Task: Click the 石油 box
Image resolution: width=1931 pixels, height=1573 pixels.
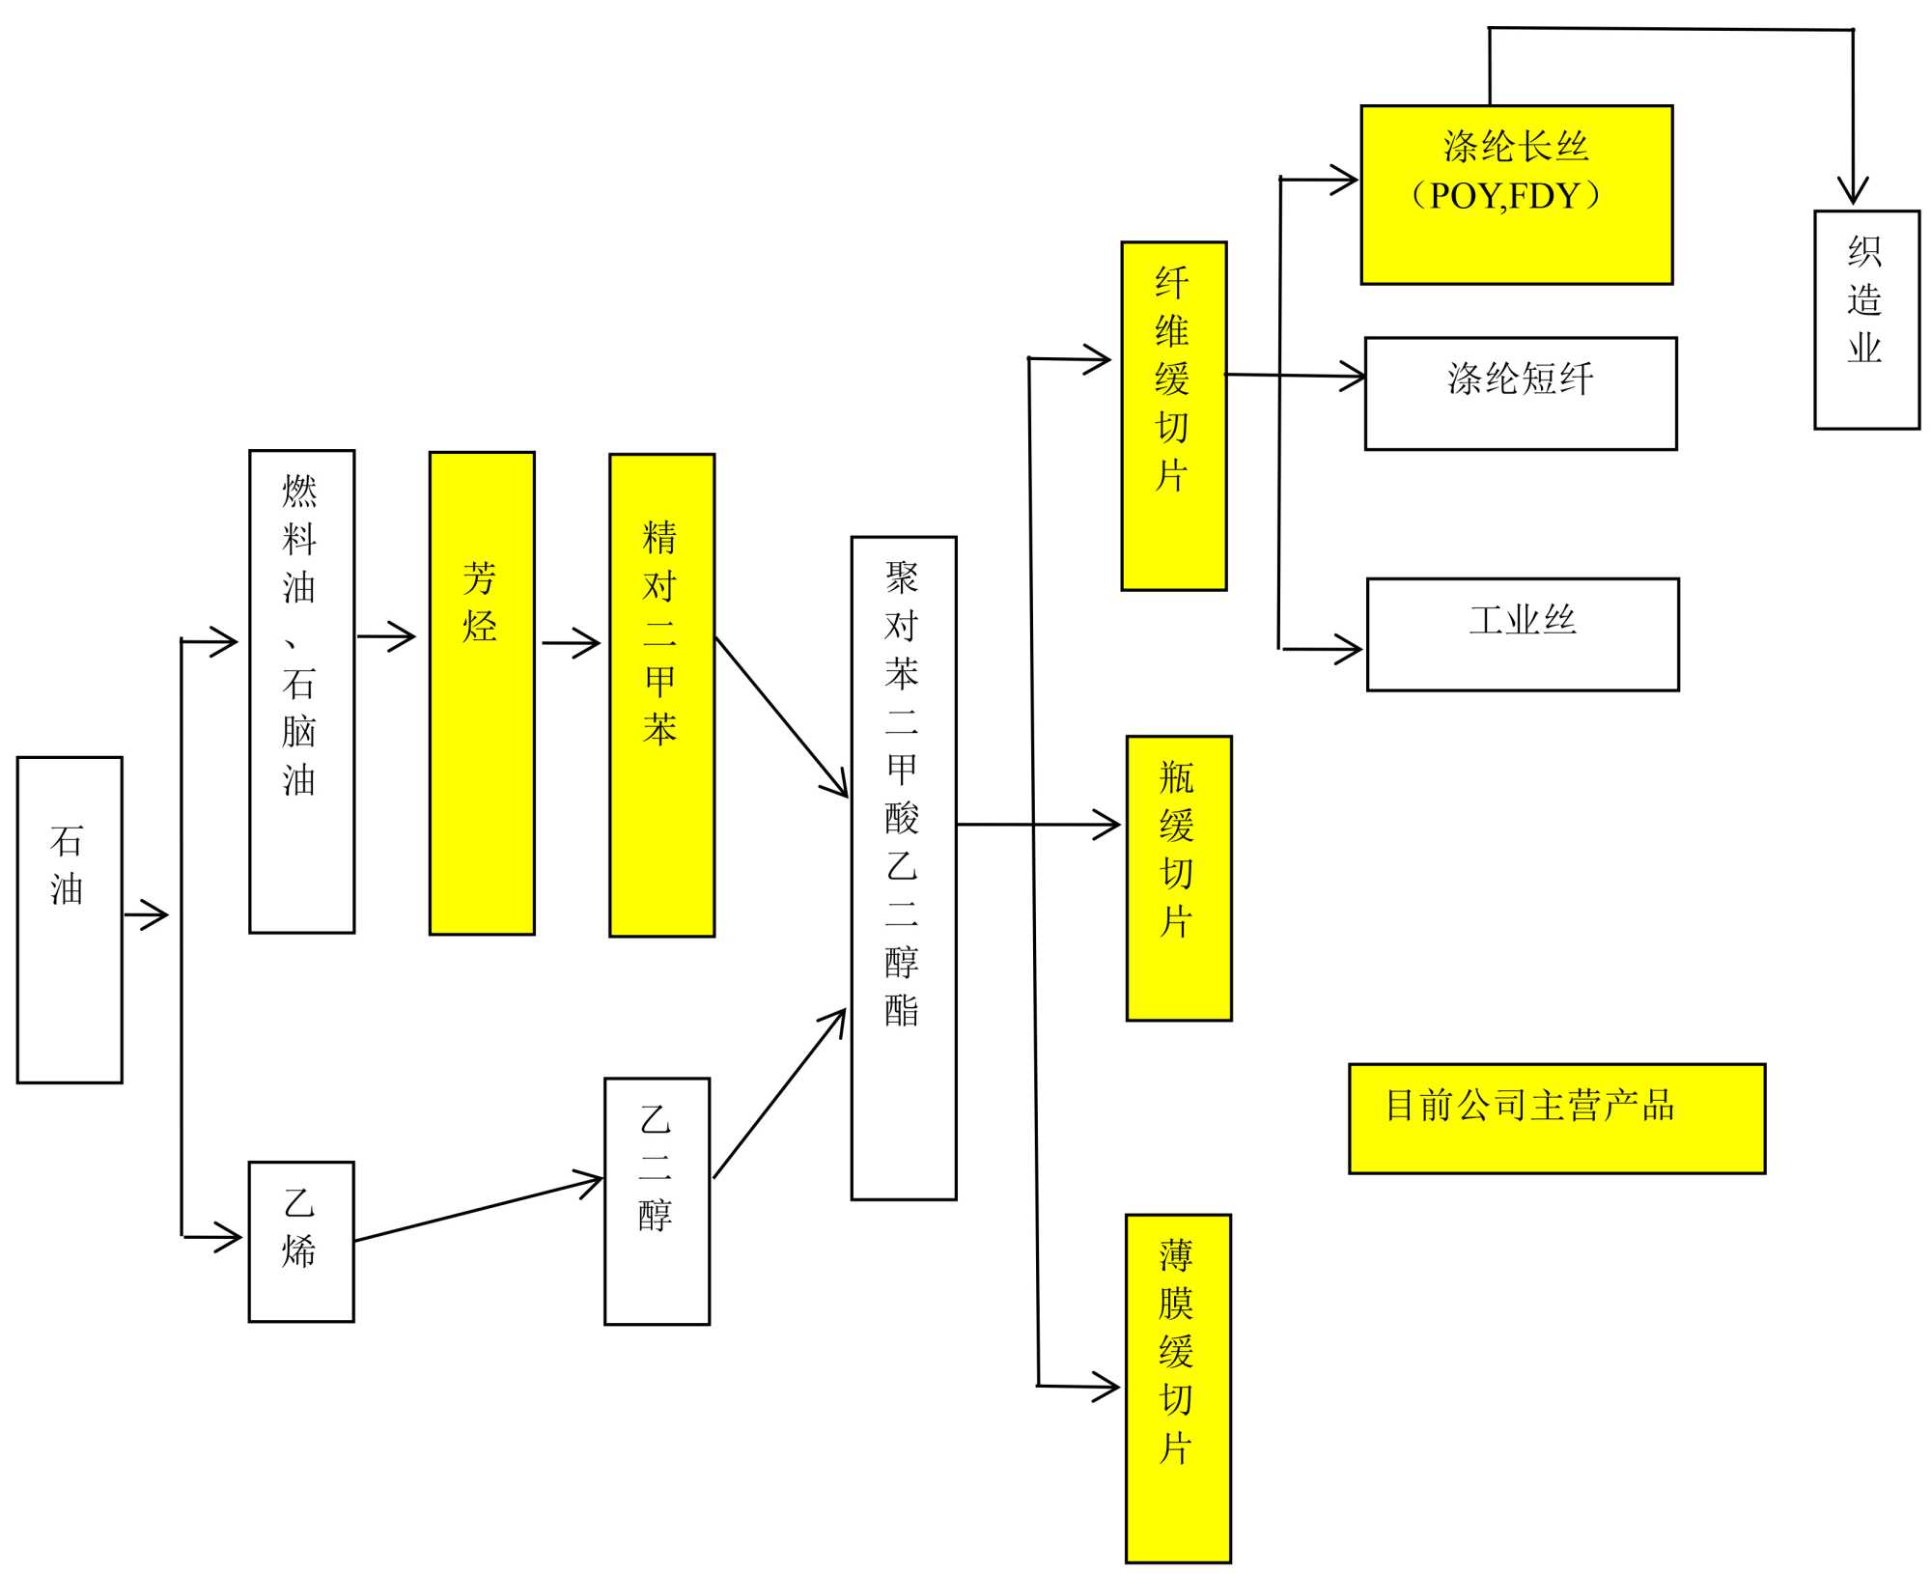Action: pyautogui.click(x=70, y=919)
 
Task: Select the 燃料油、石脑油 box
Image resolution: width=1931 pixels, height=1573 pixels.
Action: pyautogui.click(x=301, y=691)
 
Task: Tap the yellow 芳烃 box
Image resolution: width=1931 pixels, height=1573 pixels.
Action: pyautogui.click(x=482, y=693)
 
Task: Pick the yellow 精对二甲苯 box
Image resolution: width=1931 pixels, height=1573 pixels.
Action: pyautogui.click(x=661, y=695)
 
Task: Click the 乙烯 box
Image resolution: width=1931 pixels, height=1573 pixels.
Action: pyautogui.click(x=301, y=1242)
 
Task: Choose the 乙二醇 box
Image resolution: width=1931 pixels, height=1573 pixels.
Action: pyautogui.click(x=657, y=1201)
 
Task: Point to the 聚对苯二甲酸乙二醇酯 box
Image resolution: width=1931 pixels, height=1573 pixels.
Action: pyautogui.click(x=903, y=868)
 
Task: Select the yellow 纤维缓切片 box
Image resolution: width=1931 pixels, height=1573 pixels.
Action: pyautogui.click(x=1173, y=416)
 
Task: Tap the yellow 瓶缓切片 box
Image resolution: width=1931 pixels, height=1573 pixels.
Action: pyautogui.click(x=1178, y=879)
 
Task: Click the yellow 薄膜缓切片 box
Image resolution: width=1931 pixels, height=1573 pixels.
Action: pyautogui.click(x=1178, y=1389)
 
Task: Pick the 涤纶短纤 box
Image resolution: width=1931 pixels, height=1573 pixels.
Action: pyautogui.click(x=1521, y=393)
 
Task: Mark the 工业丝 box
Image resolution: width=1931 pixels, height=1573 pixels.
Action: pyautogui.click(x=1523, y=634)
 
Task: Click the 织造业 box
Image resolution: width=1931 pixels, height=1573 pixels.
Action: pyautogui.click(x=1866, y=320)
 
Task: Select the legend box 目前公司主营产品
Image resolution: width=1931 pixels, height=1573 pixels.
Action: pyautogui.click(x=1556, y=1119)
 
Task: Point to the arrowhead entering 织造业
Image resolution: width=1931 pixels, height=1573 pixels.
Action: pyautogui.click(x=1853, y=191)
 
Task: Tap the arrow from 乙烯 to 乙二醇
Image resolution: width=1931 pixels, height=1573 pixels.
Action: pyautogui.click(x=478, y=1209)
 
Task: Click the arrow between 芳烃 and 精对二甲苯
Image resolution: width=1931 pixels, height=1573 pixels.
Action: pyautogui.click(x=572, y=643)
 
